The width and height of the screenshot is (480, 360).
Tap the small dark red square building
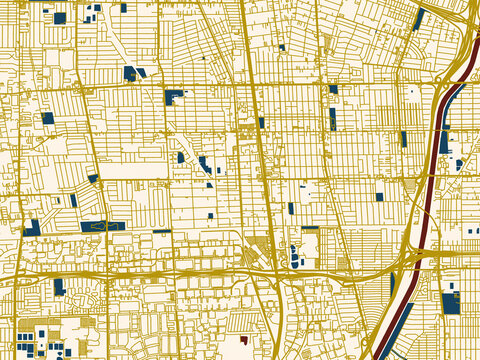coord(242,339)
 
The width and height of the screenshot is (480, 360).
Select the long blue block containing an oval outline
coord(102,227)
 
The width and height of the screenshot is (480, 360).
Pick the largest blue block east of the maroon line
coord(450,303)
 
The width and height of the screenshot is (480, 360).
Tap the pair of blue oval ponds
coord(294,256)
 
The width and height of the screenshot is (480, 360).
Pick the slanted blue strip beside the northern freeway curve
coord(419,19)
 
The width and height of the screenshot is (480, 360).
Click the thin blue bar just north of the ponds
coord(310,229)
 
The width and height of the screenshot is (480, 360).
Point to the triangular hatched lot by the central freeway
coord(258,250)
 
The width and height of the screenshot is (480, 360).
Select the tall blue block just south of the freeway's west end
coord(59,287)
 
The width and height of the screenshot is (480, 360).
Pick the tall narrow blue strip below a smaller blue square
coord(333,119)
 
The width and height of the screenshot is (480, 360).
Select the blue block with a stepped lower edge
coord(174,96)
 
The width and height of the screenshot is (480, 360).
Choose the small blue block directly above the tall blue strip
coord(333,90)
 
